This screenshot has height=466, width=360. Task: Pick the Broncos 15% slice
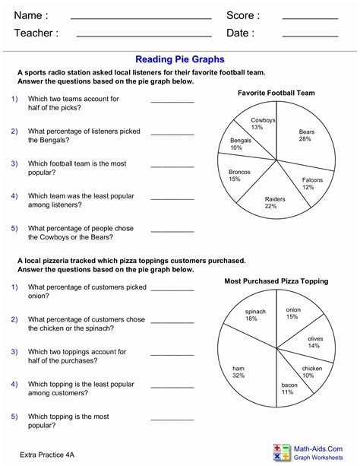[239, 176]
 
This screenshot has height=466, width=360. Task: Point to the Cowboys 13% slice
[263, 123]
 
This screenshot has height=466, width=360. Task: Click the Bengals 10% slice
[240, 144]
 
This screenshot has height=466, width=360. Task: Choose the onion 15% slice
[292, 313]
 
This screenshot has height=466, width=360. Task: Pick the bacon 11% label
[287, 388]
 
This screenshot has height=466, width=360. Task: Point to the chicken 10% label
[312, 372]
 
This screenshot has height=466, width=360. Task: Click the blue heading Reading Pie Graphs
[180, 58]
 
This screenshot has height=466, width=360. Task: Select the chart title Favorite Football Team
[276, 93]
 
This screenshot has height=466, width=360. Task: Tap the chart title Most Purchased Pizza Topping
[276, 281]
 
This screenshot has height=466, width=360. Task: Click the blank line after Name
[141, 17]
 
